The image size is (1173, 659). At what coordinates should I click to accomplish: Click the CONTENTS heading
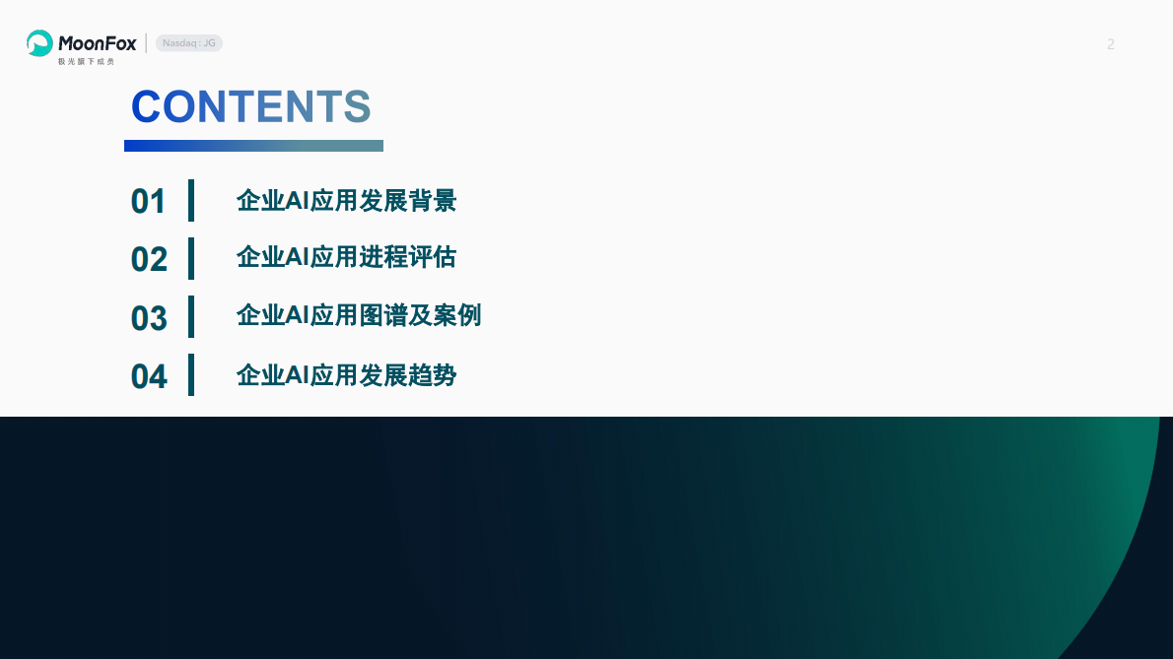coord(250,106)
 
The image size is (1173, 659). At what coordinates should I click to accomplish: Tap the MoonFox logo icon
coord(39,43)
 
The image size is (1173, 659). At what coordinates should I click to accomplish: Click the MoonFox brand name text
coord(97,42)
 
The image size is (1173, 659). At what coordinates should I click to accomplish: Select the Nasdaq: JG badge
coord(189,43)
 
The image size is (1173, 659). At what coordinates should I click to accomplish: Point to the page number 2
coord(1111,44)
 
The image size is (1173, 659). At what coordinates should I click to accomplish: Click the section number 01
coord(149,201)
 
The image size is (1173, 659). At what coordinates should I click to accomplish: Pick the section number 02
coord(149,259)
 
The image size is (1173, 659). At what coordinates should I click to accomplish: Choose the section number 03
coord(149,318)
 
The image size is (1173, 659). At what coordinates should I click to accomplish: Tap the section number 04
coord(149,376)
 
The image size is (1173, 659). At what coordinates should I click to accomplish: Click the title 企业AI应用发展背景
coord(346,201)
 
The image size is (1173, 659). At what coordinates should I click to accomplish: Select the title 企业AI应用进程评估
coord(346,258)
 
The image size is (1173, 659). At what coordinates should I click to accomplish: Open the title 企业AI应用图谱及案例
coord(359,316)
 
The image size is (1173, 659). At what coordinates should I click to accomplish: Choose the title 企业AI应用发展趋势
coord(346,375)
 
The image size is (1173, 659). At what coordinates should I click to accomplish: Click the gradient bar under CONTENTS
coord(253,146)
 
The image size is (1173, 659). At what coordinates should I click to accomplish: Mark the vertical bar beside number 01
coord(191,200)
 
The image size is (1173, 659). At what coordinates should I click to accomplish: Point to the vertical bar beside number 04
coord(191,375)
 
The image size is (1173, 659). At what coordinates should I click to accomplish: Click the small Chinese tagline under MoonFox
coord(86,61)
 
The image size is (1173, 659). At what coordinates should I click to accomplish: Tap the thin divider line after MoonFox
coord(146,43)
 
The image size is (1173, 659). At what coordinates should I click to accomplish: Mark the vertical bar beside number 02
coord(191,258)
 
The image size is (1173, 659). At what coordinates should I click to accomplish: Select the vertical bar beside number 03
coord(191,316)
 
